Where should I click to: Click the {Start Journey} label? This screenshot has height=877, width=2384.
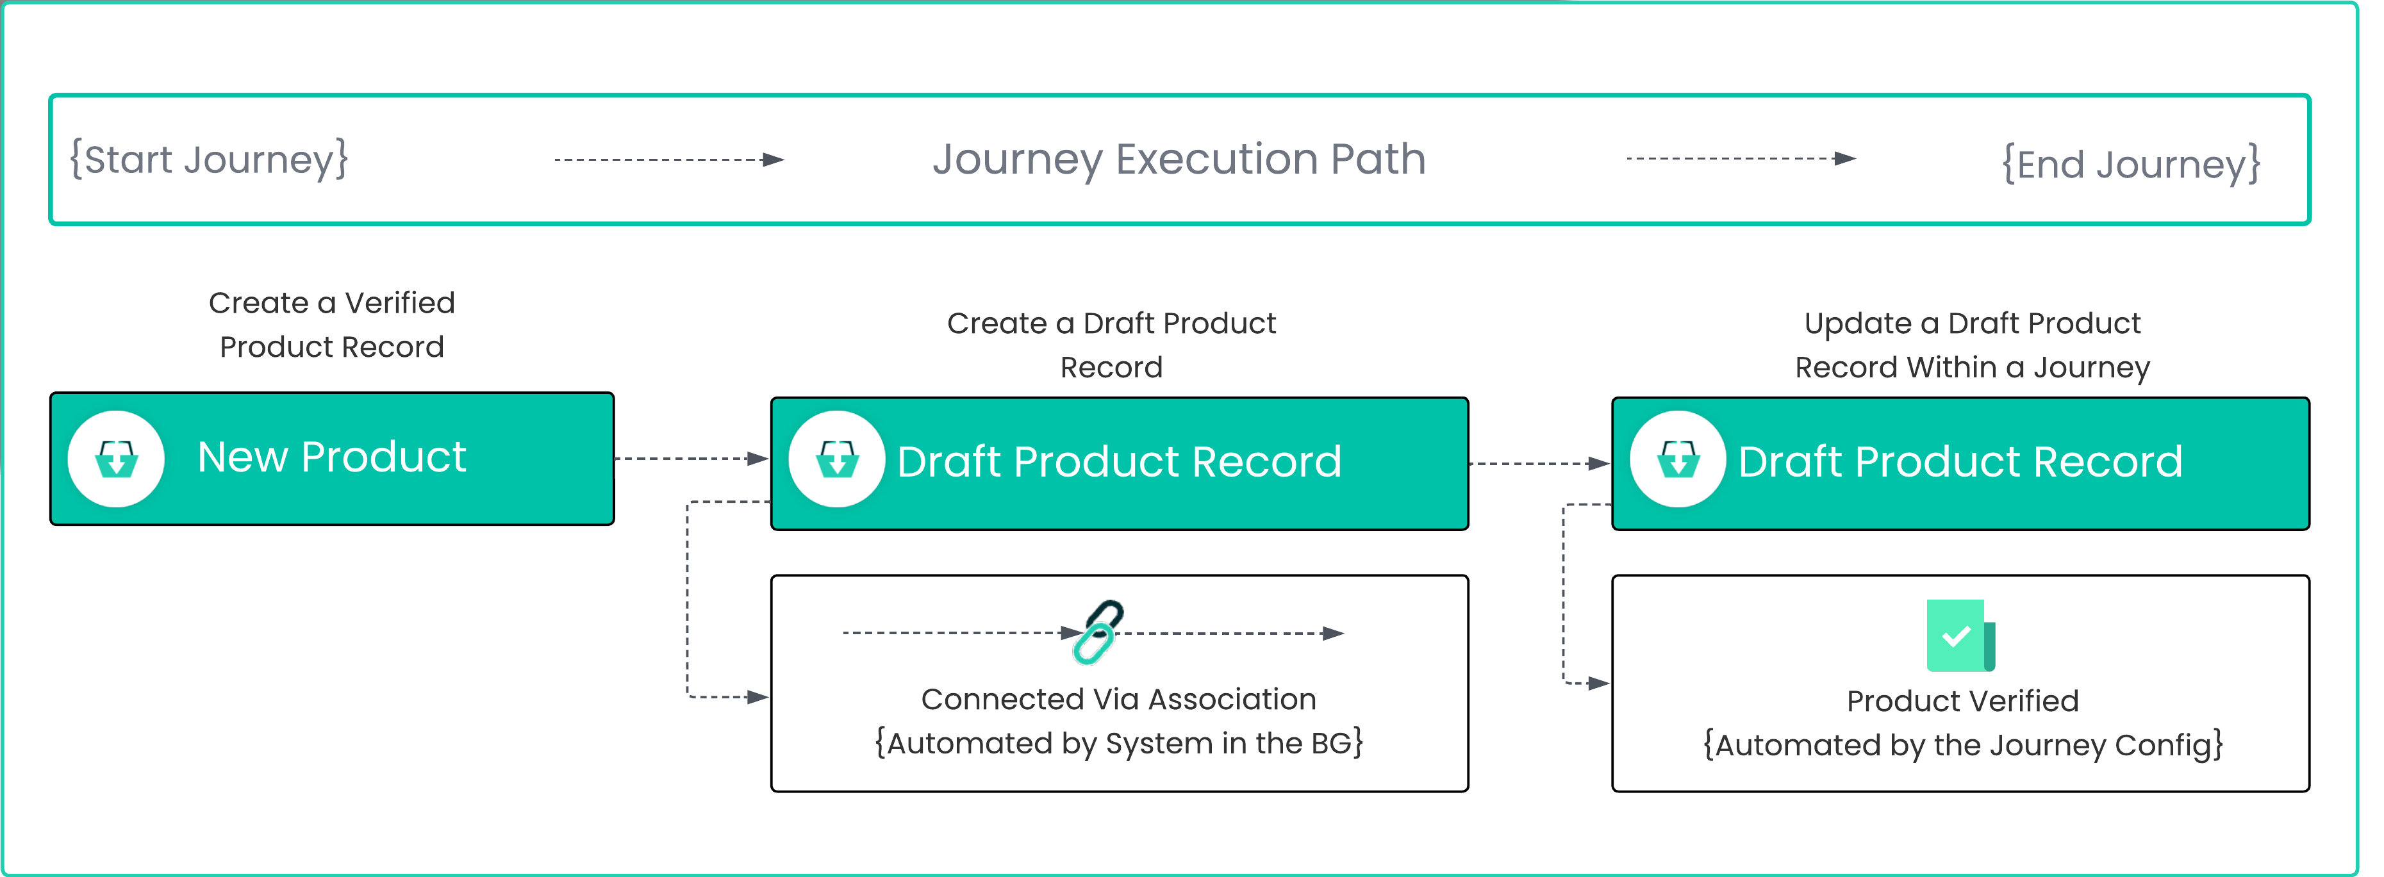(209, 159)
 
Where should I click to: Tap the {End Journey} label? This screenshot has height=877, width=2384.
(2130, 165)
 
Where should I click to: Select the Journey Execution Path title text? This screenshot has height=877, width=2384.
(1178, 159)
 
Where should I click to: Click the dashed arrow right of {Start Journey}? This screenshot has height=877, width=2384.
(668, 160)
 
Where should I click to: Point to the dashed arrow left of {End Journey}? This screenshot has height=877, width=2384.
(1740, 159)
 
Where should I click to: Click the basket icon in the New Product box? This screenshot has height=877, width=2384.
(117, 459)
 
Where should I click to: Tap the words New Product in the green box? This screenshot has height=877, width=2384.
(331, 457)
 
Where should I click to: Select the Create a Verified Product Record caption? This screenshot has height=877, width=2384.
(331, 325)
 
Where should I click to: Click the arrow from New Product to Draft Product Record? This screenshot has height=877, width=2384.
(691, 459)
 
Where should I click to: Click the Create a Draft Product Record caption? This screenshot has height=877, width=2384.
(1111, 345)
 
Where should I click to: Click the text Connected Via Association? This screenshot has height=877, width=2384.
(1118, 700)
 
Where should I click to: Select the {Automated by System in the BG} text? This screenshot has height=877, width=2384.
(1118, 743)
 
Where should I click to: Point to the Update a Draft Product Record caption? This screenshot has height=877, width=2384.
(1971, 345)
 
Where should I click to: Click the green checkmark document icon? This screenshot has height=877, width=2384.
(1959, 635)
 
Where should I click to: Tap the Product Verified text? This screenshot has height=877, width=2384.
(1962, 701)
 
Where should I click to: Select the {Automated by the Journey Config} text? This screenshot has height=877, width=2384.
(1962, 744)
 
